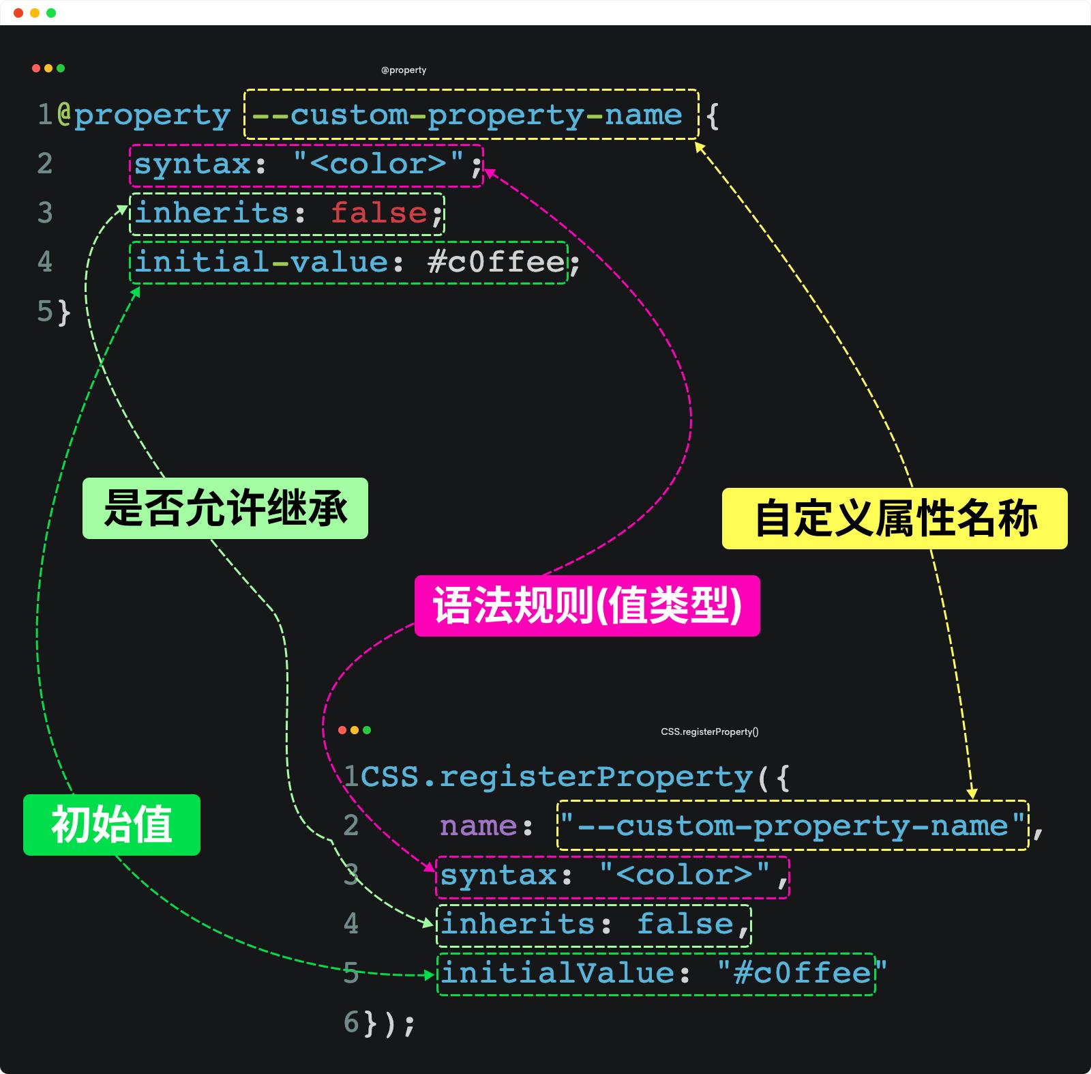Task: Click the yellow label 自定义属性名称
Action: click(895, 519)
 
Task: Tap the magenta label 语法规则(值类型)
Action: click(587, 606)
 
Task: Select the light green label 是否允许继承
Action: click(225, 508)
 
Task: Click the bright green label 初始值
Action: click(112, 825)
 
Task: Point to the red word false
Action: click(379, 213)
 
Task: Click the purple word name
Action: click(478, 826)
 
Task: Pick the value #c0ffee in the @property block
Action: click(496, 262)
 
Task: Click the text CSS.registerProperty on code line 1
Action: click(556, 777)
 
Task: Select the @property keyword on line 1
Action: click(144, 115)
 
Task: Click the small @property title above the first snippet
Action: click(404, 70)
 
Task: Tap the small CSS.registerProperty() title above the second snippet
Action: click(709, 732)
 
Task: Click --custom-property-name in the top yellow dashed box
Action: click(467, 115)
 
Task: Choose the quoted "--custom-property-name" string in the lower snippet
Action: click(792, 826)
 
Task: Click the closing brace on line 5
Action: click(63, 312)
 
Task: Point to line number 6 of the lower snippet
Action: click(351, 1022)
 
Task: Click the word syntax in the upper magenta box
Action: click(192, 164)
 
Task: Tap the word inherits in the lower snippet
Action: click(518, 924)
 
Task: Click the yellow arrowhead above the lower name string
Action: click(972, 794)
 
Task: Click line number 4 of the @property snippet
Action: click(45, 262)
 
